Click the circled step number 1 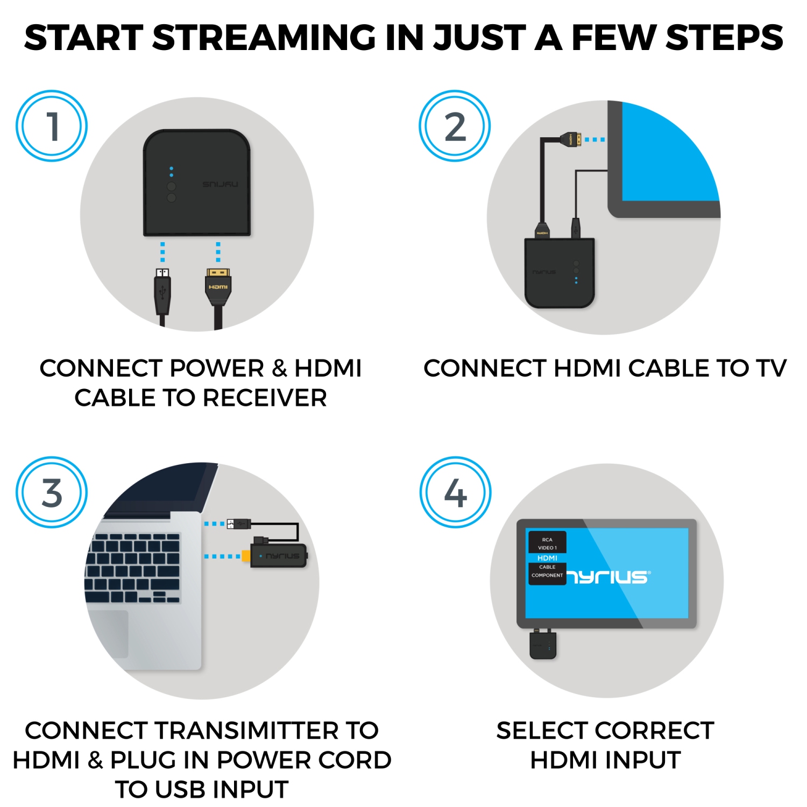click(x=52, y=126)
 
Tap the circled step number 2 click(x=455, y=126)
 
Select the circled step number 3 click(x=52, y=492)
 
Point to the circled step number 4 click(x=455, y=492)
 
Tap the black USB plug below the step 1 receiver click(x=162, y=291)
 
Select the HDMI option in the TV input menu click(x=547, y=558)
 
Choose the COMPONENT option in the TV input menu click(x=547, y=576)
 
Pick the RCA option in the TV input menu click(x=547, y=540)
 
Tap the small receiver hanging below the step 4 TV click(x=543, y=645)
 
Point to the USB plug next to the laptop click(x=239, y=523)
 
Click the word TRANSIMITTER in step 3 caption click(x=247, y=731)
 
